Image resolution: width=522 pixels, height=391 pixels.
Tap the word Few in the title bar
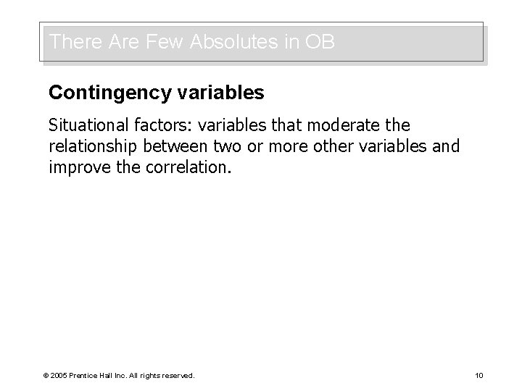pyautogui.click(x=166, y=42)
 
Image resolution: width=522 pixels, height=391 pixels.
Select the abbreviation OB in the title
pyautogui.click(x=320, y=42)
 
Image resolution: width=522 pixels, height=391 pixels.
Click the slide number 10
pyautogui.click(x=478, y=375)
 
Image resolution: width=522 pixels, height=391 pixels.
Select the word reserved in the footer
pyautogui.click(x=178, y=375)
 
